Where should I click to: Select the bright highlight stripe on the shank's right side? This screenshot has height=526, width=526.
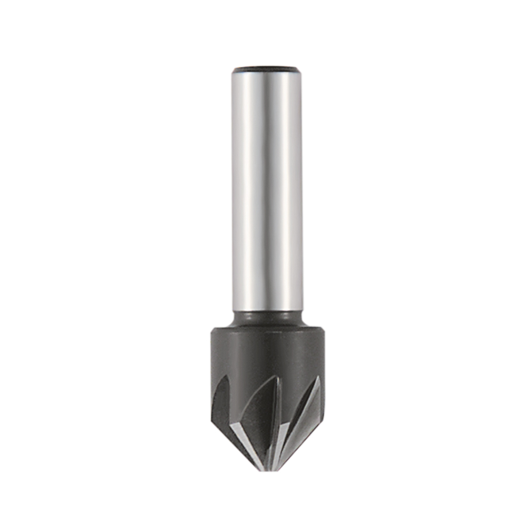pos(292,189)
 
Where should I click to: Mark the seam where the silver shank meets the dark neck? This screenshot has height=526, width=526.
pos(267,311)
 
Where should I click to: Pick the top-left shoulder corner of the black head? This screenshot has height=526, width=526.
pos(213,330)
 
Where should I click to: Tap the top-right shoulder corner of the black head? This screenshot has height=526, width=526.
pos(322,330)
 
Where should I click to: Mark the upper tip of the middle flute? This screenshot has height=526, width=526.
pos(277,377)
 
